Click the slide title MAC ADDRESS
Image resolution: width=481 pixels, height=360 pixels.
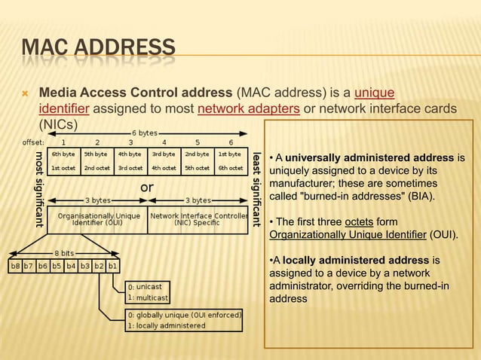pos(98,51)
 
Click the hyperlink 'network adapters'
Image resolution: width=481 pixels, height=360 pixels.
pos(250,109)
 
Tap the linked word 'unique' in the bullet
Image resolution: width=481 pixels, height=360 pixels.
pos(374,93)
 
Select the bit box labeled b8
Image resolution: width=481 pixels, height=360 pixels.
pos(15,266)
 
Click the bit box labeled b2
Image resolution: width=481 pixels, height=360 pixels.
pos(99,266)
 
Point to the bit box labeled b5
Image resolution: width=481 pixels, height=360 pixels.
pos(57,266)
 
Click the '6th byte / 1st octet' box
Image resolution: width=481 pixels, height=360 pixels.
pos(63,160)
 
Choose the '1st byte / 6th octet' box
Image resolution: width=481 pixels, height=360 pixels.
pos(230,160)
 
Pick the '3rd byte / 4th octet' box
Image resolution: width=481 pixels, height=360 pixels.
pos(164,160)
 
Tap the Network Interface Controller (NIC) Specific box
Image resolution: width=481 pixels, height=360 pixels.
pos(198,218)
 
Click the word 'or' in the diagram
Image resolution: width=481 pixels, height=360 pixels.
pos(148,186)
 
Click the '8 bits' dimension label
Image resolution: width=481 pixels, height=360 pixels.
pos(64,254)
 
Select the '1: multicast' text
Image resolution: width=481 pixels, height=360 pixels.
pos(149,298)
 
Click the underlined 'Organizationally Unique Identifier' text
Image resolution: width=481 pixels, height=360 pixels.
pos(348,234)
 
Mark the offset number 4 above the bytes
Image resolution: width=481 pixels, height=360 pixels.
pos(164,142)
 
